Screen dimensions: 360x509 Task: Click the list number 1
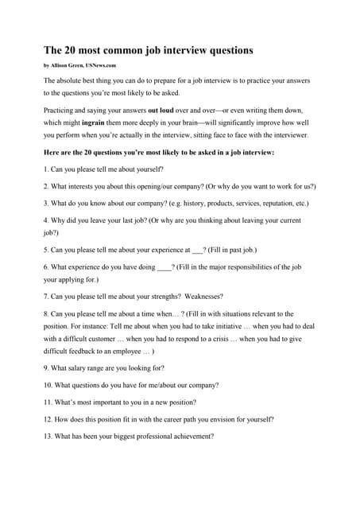coord(46,169)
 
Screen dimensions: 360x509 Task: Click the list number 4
coord(46,220)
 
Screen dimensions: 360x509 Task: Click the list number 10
coord(48,385)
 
